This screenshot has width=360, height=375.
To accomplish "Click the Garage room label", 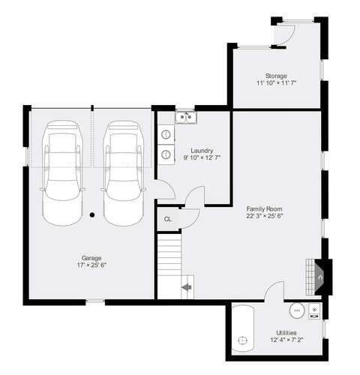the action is coord(91,258).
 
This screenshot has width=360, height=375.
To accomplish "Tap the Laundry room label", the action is coord(202,151).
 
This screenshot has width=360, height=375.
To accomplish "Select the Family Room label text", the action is coord(264,208).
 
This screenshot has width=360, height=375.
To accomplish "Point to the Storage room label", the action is coord(276,76).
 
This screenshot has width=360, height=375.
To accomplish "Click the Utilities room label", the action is coord(286,333).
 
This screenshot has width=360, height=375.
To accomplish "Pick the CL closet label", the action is coord(168,219).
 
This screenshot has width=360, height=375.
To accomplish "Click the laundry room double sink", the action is coord(186,117).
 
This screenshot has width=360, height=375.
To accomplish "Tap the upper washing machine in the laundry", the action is coord(166,134).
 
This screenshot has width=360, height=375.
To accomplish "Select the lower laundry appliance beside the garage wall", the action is coord(166,154).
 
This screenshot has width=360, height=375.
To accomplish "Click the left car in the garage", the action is coord(62,173).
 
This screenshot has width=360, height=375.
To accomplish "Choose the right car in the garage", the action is coord(124,173).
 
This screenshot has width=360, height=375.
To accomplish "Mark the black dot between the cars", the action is coord(92,214).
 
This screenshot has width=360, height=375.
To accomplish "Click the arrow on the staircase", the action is coord(187,287).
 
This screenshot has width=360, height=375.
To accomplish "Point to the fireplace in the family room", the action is coord(320,277).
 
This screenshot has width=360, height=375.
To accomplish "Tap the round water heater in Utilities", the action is coord(297,310).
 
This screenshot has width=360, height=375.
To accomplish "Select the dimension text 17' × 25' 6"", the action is coord(91,265).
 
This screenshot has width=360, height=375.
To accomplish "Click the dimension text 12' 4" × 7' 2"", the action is coord(286,340).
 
